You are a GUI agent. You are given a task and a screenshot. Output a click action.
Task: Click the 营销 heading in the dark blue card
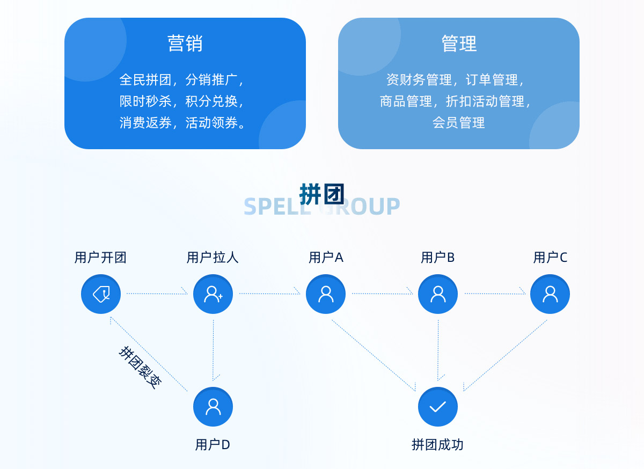click(185, 43)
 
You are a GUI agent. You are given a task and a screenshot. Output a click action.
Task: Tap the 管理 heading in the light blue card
click(459, 43)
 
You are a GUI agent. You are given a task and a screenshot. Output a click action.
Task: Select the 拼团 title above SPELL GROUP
click(321, 194)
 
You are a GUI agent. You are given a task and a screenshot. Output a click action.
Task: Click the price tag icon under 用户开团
click(101, 294)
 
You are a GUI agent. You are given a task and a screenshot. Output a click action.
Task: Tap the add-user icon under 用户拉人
click(213, 294)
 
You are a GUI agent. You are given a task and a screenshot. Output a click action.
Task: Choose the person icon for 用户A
click(326, 294)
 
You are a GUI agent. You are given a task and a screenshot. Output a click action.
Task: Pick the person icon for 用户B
click(438, 294)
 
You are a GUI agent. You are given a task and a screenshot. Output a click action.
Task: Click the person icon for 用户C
click(550, 294)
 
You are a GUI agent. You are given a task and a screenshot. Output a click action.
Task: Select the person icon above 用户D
click(213, 407)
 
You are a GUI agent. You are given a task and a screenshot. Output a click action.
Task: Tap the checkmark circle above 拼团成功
click(438, 407)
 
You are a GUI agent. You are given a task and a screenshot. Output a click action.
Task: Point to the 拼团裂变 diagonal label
click(140, 368)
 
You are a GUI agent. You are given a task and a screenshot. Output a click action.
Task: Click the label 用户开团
click(100, 258)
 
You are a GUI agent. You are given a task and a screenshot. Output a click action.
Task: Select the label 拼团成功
click(437, 444)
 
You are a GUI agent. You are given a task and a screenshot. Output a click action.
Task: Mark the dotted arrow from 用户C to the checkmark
click(505, 355)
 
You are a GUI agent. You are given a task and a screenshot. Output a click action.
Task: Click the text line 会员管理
click(458, 123)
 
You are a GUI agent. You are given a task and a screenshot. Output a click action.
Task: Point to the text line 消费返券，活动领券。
click(182, 123)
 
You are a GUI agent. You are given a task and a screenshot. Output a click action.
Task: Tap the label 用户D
click(213, 444)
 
